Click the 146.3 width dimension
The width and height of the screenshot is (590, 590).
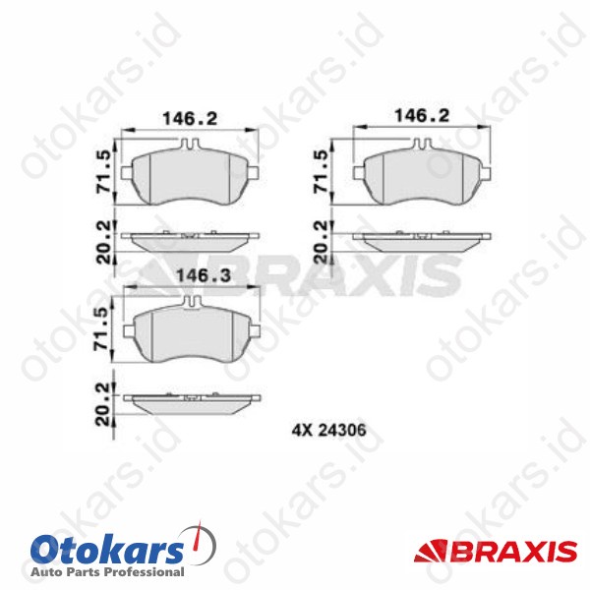(x=204, y=275)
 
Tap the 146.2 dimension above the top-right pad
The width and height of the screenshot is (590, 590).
(x=422, y=115)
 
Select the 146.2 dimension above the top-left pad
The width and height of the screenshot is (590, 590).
(x=190, y=119)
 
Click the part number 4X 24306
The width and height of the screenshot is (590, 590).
(x=328, y=430)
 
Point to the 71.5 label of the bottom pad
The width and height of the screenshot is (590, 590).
(x=102, y=328)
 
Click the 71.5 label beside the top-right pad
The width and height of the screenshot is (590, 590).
(x=323, y=172)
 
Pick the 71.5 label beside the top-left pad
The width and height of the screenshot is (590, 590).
(x=103, y=171)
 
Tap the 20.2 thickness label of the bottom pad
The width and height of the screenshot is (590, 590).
(x=102, y=404)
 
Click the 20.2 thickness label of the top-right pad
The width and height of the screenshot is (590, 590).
(x=323, y=242)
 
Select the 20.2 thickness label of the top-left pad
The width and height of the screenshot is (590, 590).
(x=104, y=242)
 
